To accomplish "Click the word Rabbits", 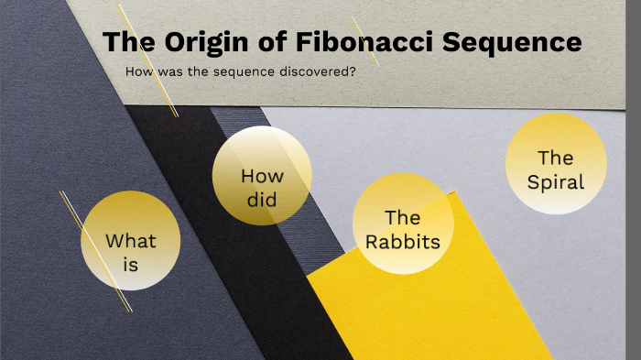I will (402, 242).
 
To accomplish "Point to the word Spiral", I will (556, 181).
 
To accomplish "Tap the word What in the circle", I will (131, 242).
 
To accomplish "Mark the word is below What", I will (131, 266).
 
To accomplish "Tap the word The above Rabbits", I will (402, 218).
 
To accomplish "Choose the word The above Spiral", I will (556, 158).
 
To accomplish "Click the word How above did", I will (262, 176).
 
